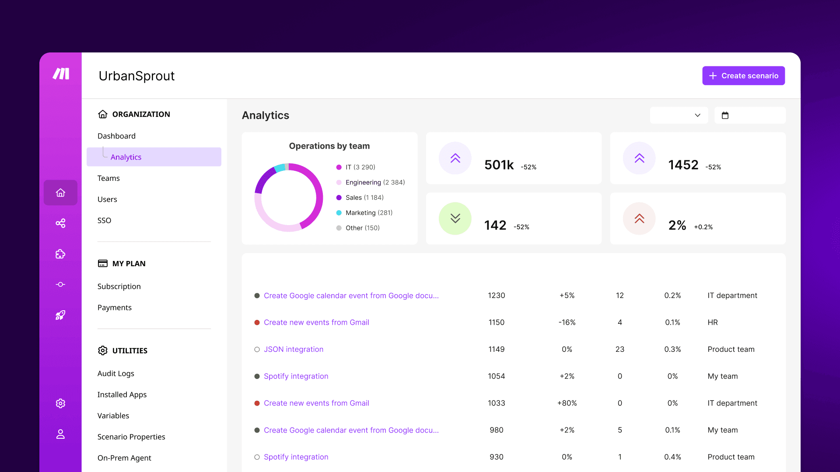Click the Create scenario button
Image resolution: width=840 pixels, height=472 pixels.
click(743, 76)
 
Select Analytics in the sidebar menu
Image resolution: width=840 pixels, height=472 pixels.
click(126, 157)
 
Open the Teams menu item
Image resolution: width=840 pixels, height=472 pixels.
click(108, 178)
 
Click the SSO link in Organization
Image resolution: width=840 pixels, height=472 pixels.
click(104, 220)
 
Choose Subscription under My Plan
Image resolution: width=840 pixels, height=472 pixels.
click(119, 286)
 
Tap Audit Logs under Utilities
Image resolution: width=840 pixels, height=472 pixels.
click(115, 373)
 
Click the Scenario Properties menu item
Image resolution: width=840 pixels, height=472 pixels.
click(131, 437)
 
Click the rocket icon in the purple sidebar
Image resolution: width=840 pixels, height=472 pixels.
click(60, 315)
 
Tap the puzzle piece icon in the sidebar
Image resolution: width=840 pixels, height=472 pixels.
click(60, 254)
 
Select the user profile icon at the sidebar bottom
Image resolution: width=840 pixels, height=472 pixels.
click(60, 434)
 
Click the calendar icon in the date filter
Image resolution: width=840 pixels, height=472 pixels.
click(725, 115)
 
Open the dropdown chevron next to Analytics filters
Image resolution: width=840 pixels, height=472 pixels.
click(697, 115)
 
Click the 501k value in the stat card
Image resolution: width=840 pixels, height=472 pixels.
click(499, 165)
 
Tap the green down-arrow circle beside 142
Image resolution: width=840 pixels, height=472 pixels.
click(455, 219)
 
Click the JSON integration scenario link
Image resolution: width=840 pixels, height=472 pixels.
click(293, 349)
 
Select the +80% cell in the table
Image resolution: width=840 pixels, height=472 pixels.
click(567, 403)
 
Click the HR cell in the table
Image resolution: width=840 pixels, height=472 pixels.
click(712, 323)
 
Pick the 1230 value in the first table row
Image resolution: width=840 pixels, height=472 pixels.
click(496, 295)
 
